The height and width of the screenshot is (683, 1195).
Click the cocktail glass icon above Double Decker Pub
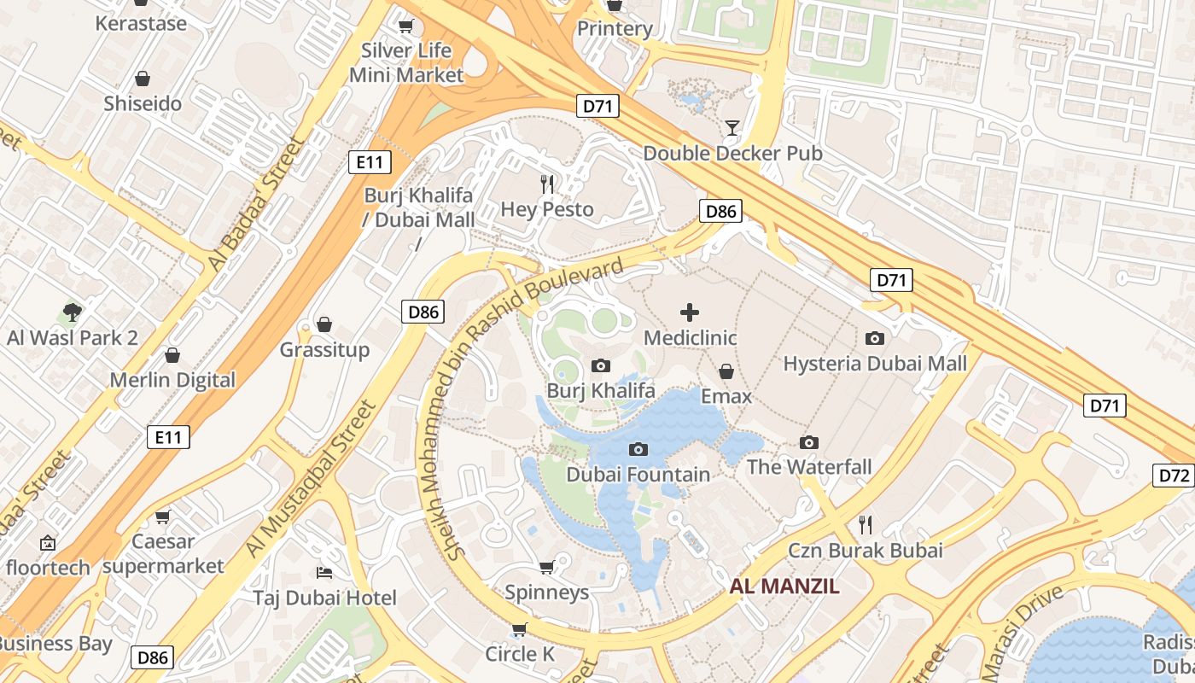pyautogui.click(x=732, y=129)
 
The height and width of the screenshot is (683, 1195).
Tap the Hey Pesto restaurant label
pyautogui.click(x=546, y=209)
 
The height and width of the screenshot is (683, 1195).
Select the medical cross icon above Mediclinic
pyautogui.click(x=690, y=312)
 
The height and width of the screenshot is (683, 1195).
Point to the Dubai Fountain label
pyautogui.click(x=638, y=475)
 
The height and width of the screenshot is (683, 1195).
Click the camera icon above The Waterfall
pyautogui.click(x=809, y=442)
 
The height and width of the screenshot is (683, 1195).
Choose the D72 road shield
pyautogui.click(x=1175, y=476)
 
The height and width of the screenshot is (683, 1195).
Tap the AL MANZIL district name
pyautogui.click(x=784, y=587)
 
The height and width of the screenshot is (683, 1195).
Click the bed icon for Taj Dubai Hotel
pyautogui.click(x=324, y=572)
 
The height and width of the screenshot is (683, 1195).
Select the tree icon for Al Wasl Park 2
pyautogui.click(x=73, y=312)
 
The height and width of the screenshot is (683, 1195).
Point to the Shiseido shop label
pyautogui.click(x=143, y=104)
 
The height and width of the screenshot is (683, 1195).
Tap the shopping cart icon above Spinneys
pyautogui.click(x=547, y=567)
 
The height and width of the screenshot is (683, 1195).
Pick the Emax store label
pyautogui.click(x=726, y=396)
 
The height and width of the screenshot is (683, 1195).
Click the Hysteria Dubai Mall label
pyautogui.click(x=875, y=364)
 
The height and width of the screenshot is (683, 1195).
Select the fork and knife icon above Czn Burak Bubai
pyautogui.click(x=866, y=524)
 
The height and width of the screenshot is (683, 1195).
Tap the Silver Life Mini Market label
pyautogui.click(x=406, y=63)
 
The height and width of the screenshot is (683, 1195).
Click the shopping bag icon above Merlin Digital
pyautogui.click(x=172, y=355)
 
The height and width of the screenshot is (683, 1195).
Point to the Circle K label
pyautogui.click(x=520, y=654)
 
